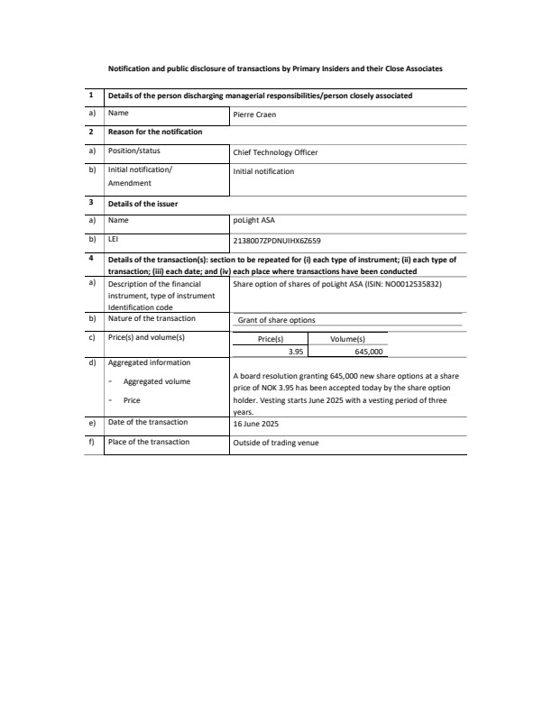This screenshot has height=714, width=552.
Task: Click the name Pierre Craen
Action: [x=256, y=114]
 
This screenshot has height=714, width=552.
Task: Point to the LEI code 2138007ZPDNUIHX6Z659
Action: [x=276, y=241]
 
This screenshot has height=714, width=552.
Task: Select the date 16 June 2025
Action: [x=257, y=423]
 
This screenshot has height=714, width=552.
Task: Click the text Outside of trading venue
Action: [x=275, y=443]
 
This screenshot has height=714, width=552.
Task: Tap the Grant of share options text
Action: [x=276, y=320]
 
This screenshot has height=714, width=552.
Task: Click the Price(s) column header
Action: [x=271, y=339]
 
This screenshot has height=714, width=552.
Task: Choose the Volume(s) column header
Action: [x=347, y=339]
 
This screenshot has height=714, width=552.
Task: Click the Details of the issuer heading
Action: [x=143, y=204]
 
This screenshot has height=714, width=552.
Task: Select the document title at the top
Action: [x=275, y=69]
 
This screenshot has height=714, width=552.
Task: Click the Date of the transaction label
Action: [x=148, y=422]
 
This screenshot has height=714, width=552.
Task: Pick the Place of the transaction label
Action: [x=149, y=442]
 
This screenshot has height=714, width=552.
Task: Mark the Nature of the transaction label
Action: [x=152, y=318]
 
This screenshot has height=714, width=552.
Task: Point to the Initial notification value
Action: [x=263, y=171]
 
